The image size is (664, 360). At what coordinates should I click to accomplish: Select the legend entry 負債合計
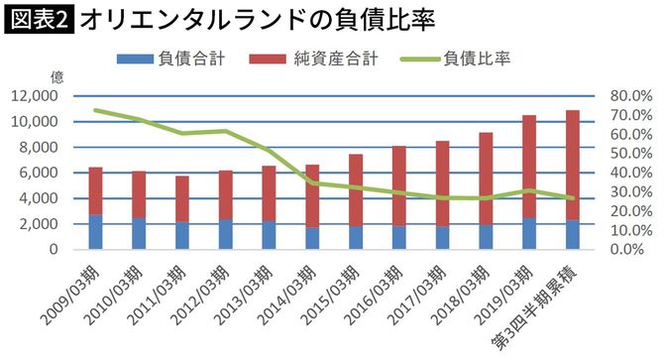pos(177,59)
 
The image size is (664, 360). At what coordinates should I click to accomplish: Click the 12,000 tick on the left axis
pos(36,96)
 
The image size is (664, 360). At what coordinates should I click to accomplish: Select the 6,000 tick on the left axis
pos(40,173)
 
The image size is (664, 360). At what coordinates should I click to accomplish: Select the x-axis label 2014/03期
pos(290,292)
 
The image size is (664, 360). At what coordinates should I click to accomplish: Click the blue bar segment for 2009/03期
pos(95,231)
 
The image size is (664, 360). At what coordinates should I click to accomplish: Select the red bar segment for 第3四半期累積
pos(573,165)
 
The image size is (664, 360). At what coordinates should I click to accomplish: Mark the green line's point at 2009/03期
pos(95,110)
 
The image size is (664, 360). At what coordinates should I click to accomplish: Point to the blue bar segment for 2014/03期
pos(312,238)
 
